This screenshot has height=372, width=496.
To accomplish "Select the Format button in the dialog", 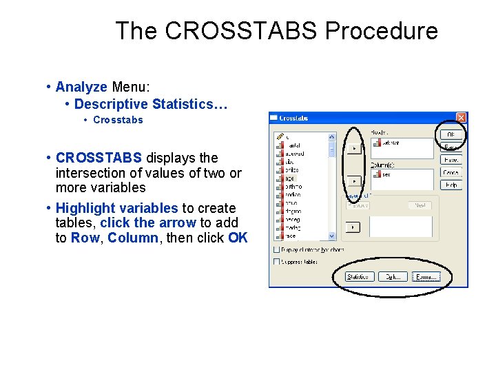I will tap(426, 277).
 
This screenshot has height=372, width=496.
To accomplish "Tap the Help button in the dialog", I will tap(451, 185).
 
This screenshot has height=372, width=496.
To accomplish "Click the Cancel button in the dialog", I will tap(451, 172).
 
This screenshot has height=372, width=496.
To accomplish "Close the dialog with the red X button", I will tap(461, 118).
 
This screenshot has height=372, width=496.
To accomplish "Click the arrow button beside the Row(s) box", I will tap(353, 148).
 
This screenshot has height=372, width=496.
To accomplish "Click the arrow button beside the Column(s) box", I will tap(353, 181).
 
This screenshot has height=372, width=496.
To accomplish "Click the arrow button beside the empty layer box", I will tap(353, 227).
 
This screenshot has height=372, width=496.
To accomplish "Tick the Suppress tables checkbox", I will tap(277, 262).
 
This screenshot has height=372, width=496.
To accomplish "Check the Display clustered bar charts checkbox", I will tap(277, 249).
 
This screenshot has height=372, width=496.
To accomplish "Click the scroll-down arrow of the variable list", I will tap(331, 236).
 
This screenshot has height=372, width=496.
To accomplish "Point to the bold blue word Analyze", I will tap(81, 87).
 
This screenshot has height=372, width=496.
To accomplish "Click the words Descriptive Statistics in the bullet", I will tap(148, 104).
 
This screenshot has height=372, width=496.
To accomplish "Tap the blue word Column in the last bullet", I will tap(133, 238).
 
